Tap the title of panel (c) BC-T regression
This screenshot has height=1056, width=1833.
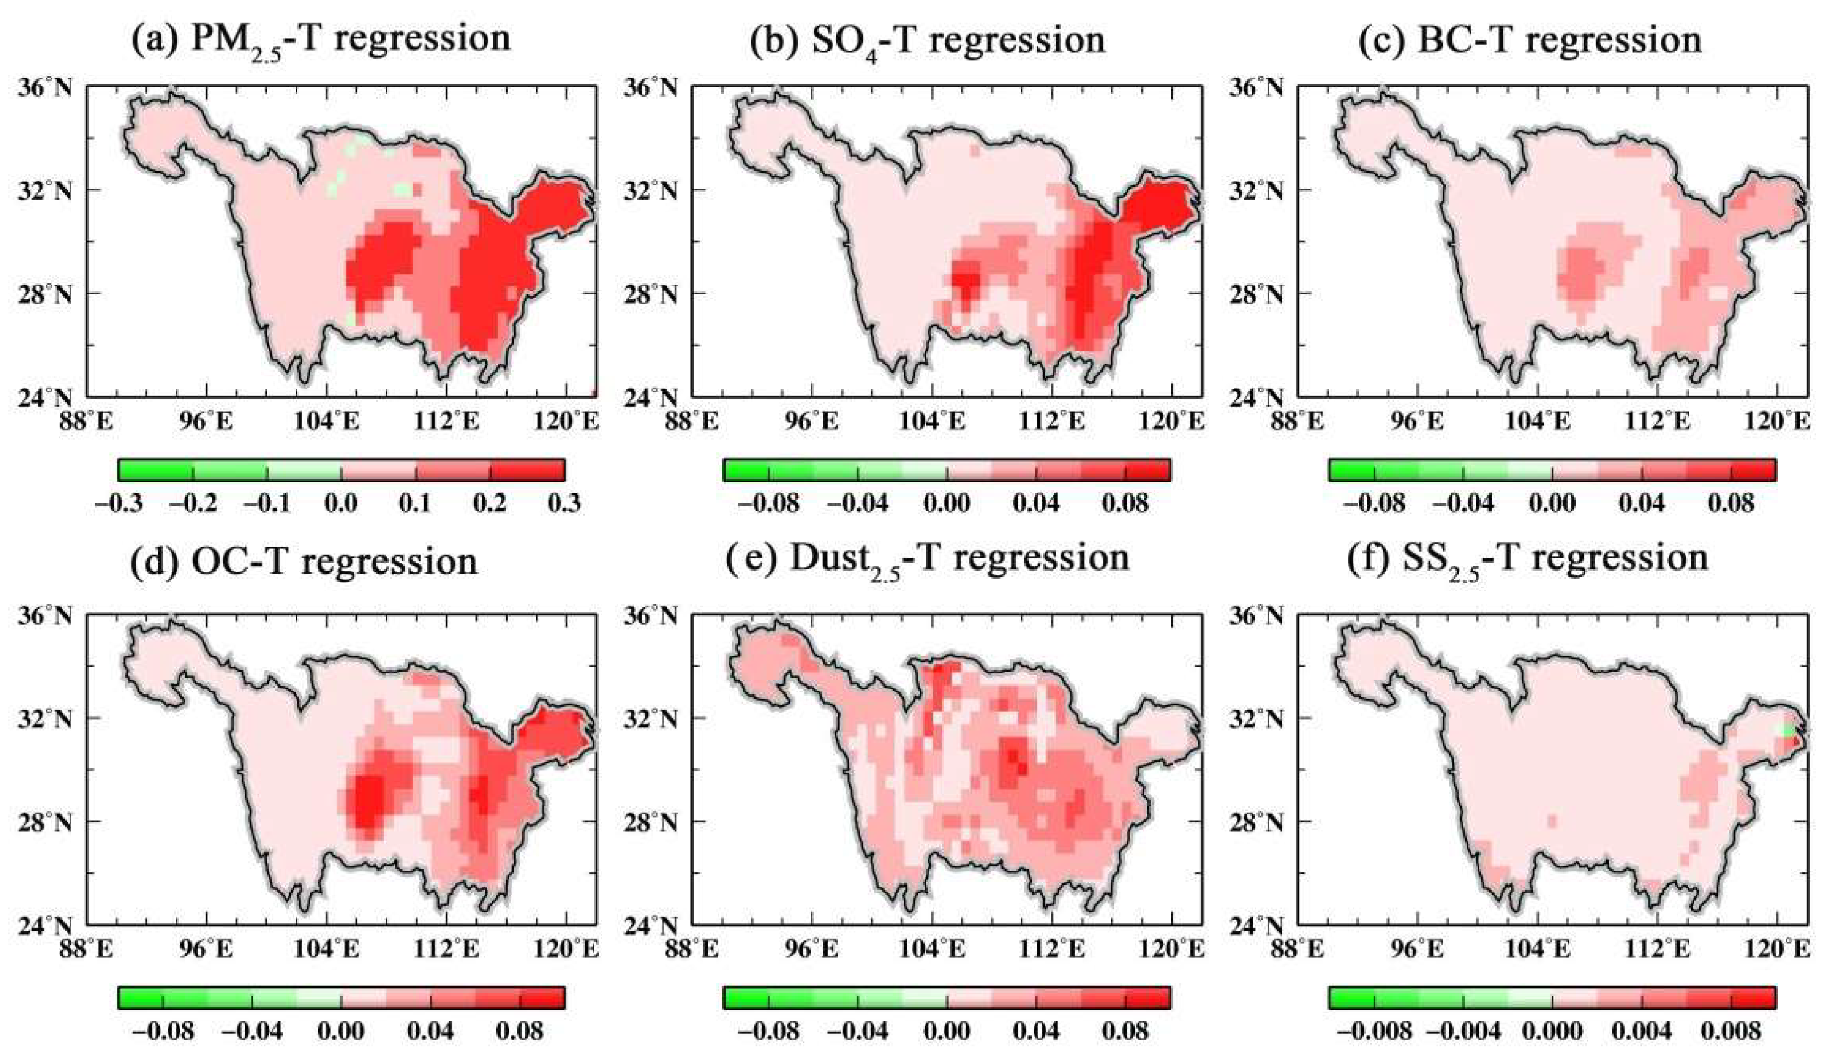click(1530, 39)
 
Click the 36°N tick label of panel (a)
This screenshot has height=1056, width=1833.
click(45, 87)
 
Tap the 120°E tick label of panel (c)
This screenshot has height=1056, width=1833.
click(1776, 421)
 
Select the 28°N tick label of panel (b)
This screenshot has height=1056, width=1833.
click(650, 295)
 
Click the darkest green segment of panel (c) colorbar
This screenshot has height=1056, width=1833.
click(1351, 470)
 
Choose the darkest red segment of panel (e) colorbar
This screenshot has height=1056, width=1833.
click(1148, 998)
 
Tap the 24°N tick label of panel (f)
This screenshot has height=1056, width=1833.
click(1256, 925)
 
